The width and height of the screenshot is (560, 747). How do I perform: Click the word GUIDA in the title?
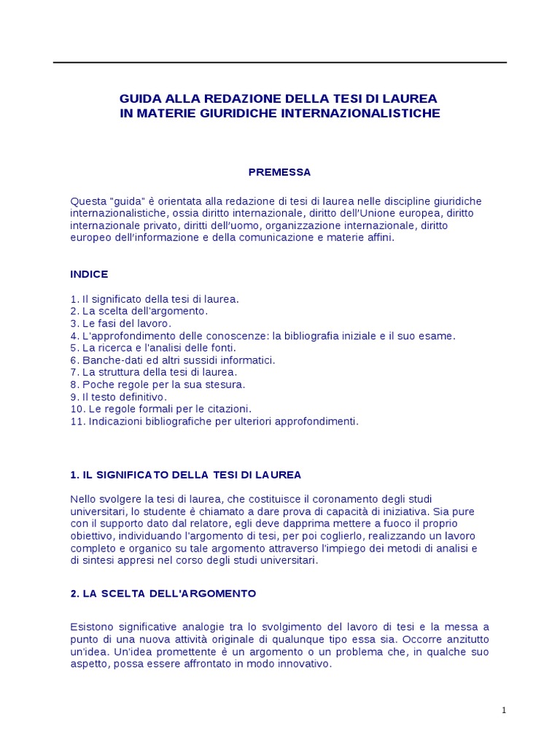[139, 98]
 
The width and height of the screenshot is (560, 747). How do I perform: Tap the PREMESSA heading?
[279, 172]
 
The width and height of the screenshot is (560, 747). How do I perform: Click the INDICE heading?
[89, 274]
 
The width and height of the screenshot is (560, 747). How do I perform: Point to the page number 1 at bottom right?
[504, 712]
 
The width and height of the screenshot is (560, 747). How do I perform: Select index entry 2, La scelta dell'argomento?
[139, 311]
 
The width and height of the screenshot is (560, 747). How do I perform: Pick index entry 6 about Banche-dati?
[173, 360]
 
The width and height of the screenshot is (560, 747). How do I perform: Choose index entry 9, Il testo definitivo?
[119, 397]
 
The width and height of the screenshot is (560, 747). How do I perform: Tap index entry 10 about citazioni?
[160, 409]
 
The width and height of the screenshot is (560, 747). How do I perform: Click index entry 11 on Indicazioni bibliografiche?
[214, 422]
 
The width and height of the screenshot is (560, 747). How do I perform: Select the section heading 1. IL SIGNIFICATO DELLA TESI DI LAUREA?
[185, 475]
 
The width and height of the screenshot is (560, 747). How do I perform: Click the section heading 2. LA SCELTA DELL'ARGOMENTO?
[163, 594]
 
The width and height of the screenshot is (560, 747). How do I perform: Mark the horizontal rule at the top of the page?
[280, 63]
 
